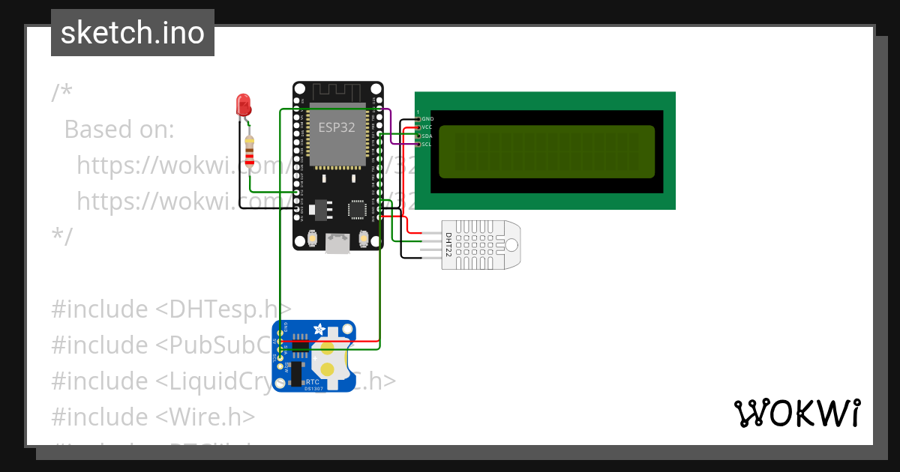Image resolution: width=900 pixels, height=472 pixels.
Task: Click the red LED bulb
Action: (x=243, y=104)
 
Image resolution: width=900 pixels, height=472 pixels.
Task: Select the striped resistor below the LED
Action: (x=250, y=151)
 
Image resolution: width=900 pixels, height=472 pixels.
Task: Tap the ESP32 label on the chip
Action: (x=337, y=127)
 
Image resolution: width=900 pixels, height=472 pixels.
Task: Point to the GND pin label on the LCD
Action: (x=427, y=119)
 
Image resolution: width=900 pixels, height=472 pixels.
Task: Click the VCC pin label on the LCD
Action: (x=427, y=127)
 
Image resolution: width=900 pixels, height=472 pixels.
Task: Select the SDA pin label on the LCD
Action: (x=427, y=136)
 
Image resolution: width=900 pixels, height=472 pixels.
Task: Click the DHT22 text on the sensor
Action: (x=448, y=245)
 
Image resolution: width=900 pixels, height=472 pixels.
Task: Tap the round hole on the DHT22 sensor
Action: (x=511, y=245)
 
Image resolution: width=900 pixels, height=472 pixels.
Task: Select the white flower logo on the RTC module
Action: (x=319, y=329)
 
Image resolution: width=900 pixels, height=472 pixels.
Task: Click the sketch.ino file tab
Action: (x=133, y=33)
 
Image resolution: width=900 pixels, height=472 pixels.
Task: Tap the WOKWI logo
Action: (x=797, y=414)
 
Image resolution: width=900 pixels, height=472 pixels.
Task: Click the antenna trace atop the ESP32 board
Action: (x=337, y=91)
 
